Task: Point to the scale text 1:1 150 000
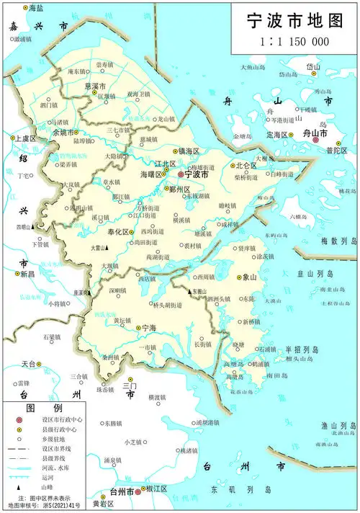tap(294, 42)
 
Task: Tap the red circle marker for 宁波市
tap(181, 174)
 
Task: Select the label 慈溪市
tap(95, 86)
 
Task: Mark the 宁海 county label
tap(149, 328)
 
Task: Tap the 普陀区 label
tap(336, 151)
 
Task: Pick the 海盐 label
tap(34, 6)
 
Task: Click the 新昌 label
tap(27, 275)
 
